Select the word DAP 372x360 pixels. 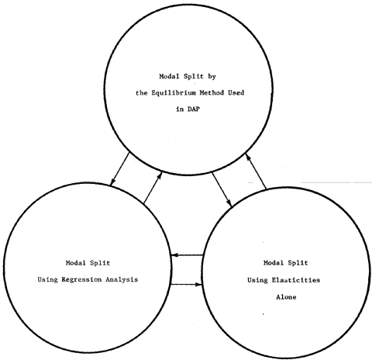(194, 109)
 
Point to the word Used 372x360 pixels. (236, 92)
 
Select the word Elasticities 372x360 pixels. (296, 280)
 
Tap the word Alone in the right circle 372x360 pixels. (286, 297)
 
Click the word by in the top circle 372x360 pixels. (212, 77)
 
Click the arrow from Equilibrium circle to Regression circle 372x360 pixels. (119, 169)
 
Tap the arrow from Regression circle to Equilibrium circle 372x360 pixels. (153, 187)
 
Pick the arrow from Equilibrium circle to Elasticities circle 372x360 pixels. (222, 189)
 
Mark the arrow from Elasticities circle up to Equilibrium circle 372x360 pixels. (256, 171)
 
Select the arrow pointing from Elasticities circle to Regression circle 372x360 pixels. (188, 255)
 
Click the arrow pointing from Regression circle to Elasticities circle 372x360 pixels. (186, 285)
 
